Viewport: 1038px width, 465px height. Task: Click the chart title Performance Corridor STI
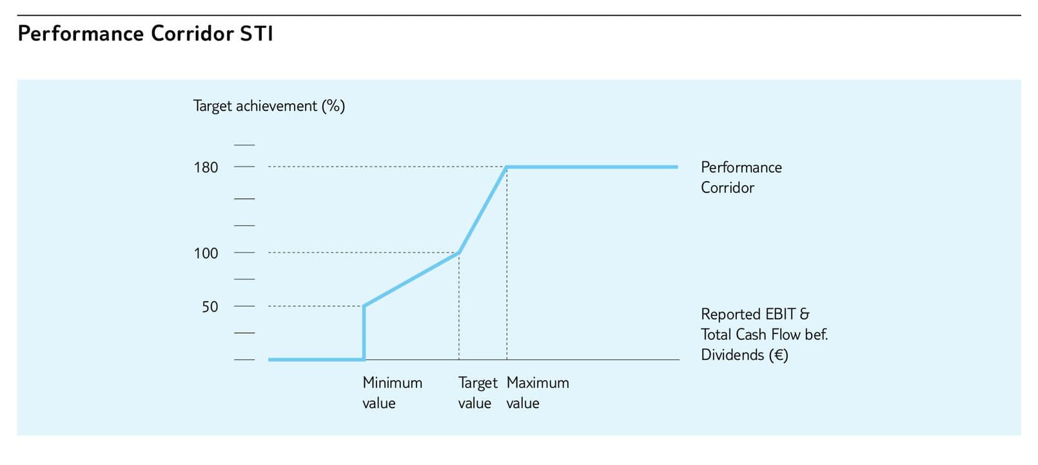coord(146,34)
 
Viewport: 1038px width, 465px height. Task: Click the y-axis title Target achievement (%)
coord(269,106)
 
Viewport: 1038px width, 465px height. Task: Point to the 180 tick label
coord(206,168)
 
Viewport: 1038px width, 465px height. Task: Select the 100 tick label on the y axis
coord(206,253)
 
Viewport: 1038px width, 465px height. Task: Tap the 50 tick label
coord(210,307)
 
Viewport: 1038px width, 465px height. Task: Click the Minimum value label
coord(392,393)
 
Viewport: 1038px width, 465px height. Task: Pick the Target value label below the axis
coord(477,393)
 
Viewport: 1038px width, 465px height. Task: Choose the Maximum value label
coord(538,393)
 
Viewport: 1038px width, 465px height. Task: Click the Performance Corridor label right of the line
coord(741,177)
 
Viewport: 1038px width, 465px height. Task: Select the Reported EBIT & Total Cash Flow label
coord(764,334)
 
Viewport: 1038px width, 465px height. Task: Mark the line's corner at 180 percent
coord(507,167)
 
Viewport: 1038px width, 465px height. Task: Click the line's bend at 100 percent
coord(459,253)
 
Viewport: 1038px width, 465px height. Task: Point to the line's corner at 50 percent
coord(364,306)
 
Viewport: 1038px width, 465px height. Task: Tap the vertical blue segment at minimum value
coord(364,333)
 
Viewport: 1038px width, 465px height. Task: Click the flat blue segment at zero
coord(317,359)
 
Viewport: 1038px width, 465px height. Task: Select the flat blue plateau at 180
coord(592,167)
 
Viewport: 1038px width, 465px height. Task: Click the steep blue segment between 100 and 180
coord(482,210)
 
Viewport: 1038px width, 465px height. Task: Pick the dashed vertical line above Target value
coord(459,306)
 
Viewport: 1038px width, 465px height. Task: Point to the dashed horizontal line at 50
coord(315,306)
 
